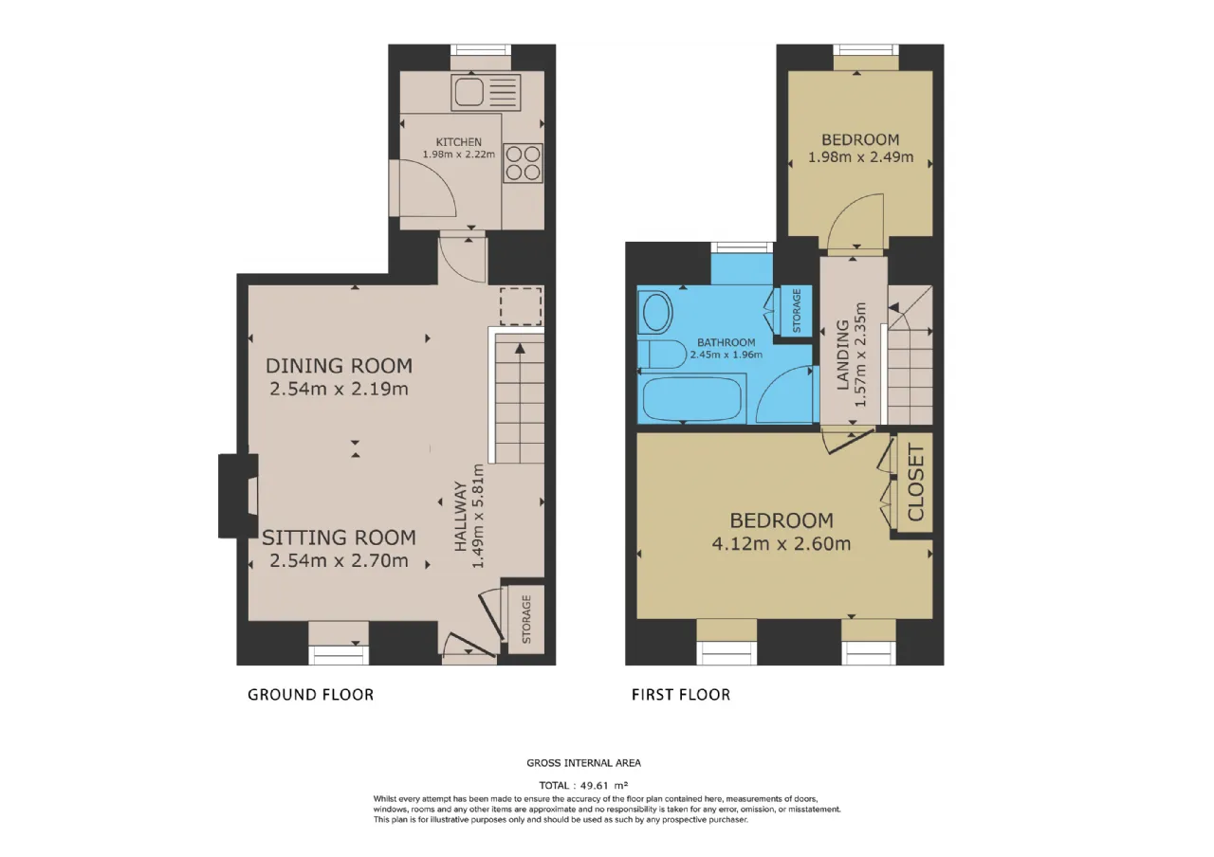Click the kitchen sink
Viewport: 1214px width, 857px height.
click(487, 93)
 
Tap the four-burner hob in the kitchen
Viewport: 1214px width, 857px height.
click(523, 163)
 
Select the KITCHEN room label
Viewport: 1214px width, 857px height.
click(458, 142)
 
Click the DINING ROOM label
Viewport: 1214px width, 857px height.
click(339, 366)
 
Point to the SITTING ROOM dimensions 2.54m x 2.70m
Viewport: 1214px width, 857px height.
click(339, 560)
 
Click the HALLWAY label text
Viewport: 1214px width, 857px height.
click(460, 517)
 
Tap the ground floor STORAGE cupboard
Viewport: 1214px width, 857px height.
click(526, 619)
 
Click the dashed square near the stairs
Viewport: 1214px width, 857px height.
click(521, 306)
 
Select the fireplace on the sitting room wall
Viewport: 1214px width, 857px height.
click(238, 496)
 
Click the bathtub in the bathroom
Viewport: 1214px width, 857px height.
click(691, 398)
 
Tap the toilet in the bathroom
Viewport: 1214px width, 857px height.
click(662, 355)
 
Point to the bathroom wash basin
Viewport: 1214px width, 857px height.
click(655, 312)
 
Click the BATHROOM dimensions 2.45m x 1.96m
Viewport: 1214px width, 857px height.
click(727, 355)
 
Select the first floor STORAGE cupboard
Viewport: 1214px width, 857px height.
click(796, 310)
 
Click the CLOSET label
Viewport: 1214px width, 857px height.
click(915, 483)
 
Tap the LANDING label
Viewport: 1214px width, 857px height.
click(842, 355)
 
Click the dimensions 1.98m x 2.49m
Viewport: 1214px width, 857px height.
click(860, 157)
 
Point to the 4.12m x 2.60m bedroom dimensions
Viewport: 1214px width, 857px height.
click(781, 543)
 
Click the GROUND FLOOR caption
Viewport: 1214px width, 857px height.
click(310, 695)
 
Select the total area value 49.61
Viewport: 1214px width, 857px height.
click(595, 785)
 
